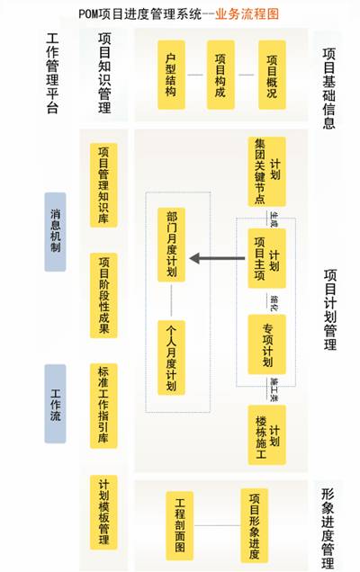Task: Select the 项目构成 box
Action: point(220,75)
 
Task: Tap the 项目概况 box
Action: point(273,75)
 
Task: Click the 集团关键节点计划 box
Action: point(266,172)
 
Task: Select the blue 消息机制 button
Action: point(56,231)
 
